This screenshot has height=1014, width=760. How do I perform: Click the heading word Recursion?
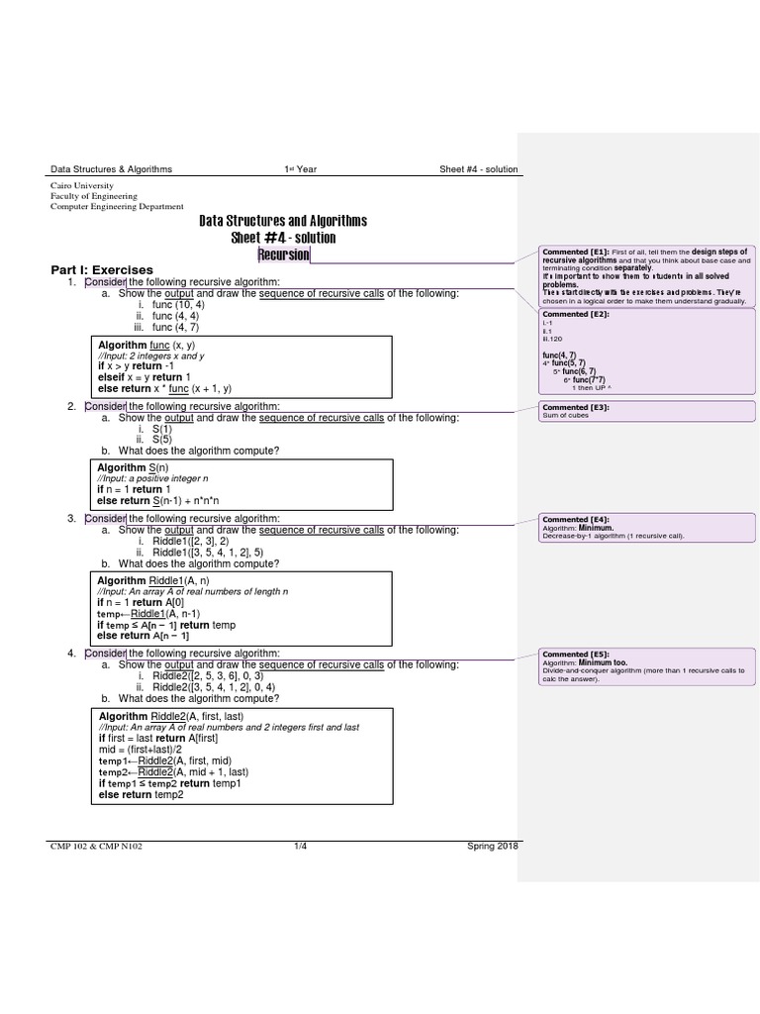coord(283,255)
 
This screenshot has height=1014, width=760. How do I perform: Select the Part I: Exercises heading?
coord(102,269)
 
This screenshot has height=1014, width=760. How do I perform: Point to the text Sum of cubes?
coord(565,416)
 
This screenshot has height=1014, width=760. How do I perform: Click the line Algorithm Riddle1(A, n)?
coord(152,579)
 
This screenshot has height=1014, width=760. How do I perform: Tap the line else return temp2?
coord(142,794)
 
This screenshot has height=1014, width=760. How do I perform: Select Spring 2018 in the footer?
coord(492,846)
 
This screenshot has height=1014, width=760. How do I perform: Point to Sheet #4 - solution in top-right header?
coord(478,169)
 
